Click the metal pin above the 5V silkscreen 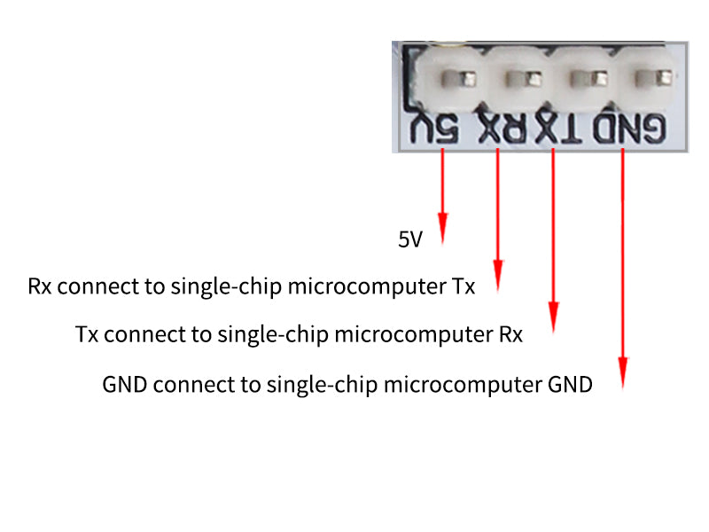pos(458,79)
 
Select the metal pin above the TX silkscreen pos(588,79)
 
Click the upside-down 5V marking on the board pos(434,129)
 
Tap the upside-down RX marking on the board pos(503,129)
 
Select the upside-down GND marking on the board pos(629,129)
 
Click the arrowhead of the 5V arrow pos(442,229)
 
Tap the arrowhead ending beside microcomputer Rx pos(553,317)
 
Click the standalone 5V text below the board pos(410,239)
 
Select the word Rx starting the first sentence pos(39,286)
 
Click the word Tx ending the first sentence pos(464,286)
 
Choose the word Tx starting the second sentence pos(87,335)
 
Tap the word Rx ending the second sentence pos(511,335)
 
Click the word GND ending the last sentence pos(570,385)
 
